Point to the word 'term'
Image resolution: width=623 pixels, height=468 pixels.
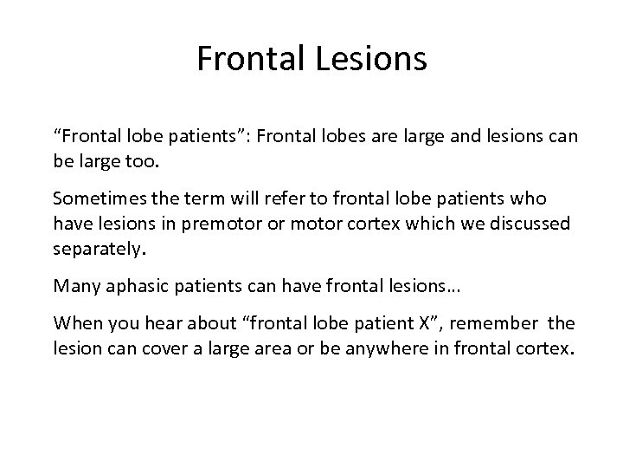point(196,198)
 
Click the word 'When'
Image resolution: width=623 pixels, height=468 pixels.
point(74,325)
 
